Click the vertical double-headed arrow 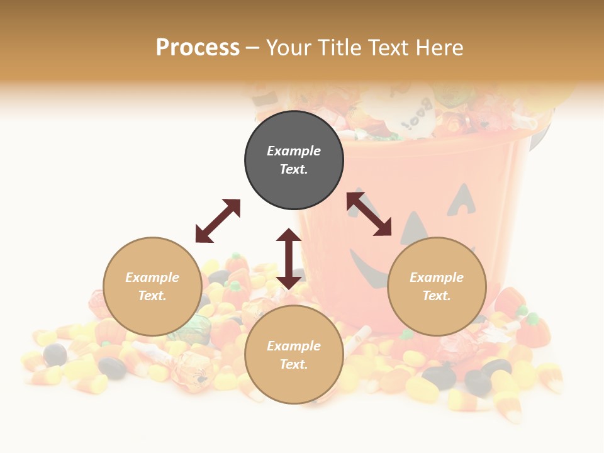[289, 259]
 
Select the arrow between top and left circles [218, 221]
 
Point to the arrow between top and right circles [369, 214]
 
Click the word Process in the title [198, 47]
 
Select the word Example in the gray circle [294, 151]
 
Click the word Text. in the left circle [152, 296]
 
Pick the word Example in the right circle [437, 277]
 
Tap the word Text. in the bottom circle [294, 364]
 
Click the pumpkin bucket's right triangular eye [464, 198]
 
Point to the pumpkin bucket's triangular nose [415, 228]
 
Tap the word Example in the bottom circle [294, 346]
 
